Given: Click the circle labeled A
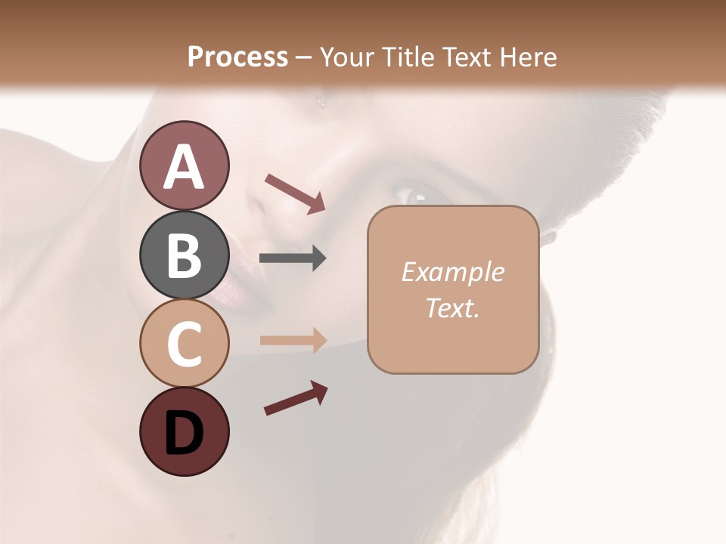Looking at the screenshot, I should [x=184, y=165].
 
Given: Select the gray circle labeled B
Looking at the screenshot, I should [x=184, y=255].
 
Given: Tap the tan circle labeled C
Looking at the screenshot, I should [x=184, y=343].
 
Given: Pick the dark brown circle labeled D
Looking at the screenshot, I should [x=184, y=431].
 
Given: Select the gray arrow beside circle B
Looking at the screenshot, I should [x=292, y=258].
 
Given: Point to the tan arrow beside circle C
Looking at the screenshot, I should [x=292, y=340].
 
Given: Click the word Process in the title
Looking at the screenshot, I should [x=237, y=57].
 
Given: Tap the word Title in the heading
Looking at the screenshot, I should [x=405, y=57].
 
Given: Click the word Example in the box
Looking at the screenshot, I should [x=452, y=272].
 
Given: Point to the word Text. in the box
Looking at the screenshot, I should [x=452, y=308].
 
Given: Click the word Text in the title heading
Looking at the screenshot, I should [x=463, y=57].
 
